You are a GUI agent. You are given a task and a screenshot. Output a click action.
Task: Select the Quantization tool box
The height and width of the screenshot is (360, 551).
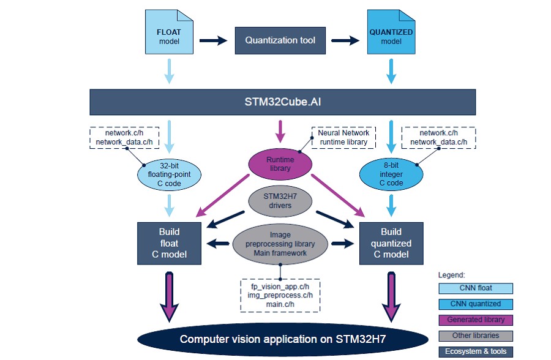click(x=280, y=40)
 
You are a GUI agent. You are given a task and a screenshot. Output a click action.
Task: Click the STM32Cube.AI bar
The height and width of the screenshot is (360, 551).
click(x=282, y=102)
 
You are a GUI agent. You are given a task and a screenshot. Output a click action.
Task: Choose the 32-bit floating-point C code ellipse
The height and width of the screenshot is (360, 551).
click(x=169, y=174)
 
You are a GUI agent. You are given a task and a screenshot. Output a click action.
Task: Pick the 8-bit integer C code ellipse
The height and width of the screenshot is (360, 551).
click(x=391, y=174)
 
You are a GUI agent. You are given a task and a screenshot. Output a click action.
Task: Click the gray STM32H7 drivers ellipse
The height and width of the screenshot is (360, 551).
click(x=280, y=201)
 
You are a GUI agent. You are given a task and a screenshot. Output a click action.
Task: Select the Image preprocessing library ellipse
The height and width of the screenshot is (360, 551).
click(x=280, y=244)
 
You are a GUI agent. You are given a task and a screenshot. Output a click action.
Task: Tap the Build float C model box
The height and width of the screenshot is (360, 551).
click(x=169, y=243)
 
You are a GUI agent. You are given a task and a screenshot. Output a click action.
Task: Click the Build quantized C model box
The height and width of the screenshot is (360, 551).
click(x=391, y=243)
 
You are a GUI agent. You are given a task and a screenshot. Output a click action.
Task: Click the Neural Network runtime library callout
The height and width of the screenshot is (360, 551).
click(x=343, y=137)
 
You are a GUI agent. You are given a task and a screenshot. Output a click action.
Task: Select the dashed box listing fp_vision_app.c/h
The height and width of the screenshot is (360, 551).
click(x=280, y=294)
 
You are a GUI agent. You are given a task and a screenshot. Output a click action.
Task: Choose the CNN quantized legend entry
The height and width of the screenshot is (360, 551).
click(x=475, y=304)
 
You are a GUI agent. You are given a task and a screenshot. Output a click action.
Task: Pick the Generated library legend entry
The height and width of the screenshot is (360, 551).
click(x=475, y=320)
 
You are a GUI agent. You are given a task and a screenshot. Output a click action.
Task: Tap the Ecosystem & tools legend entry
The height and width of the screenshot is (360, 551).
click(x=475, y=351)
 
